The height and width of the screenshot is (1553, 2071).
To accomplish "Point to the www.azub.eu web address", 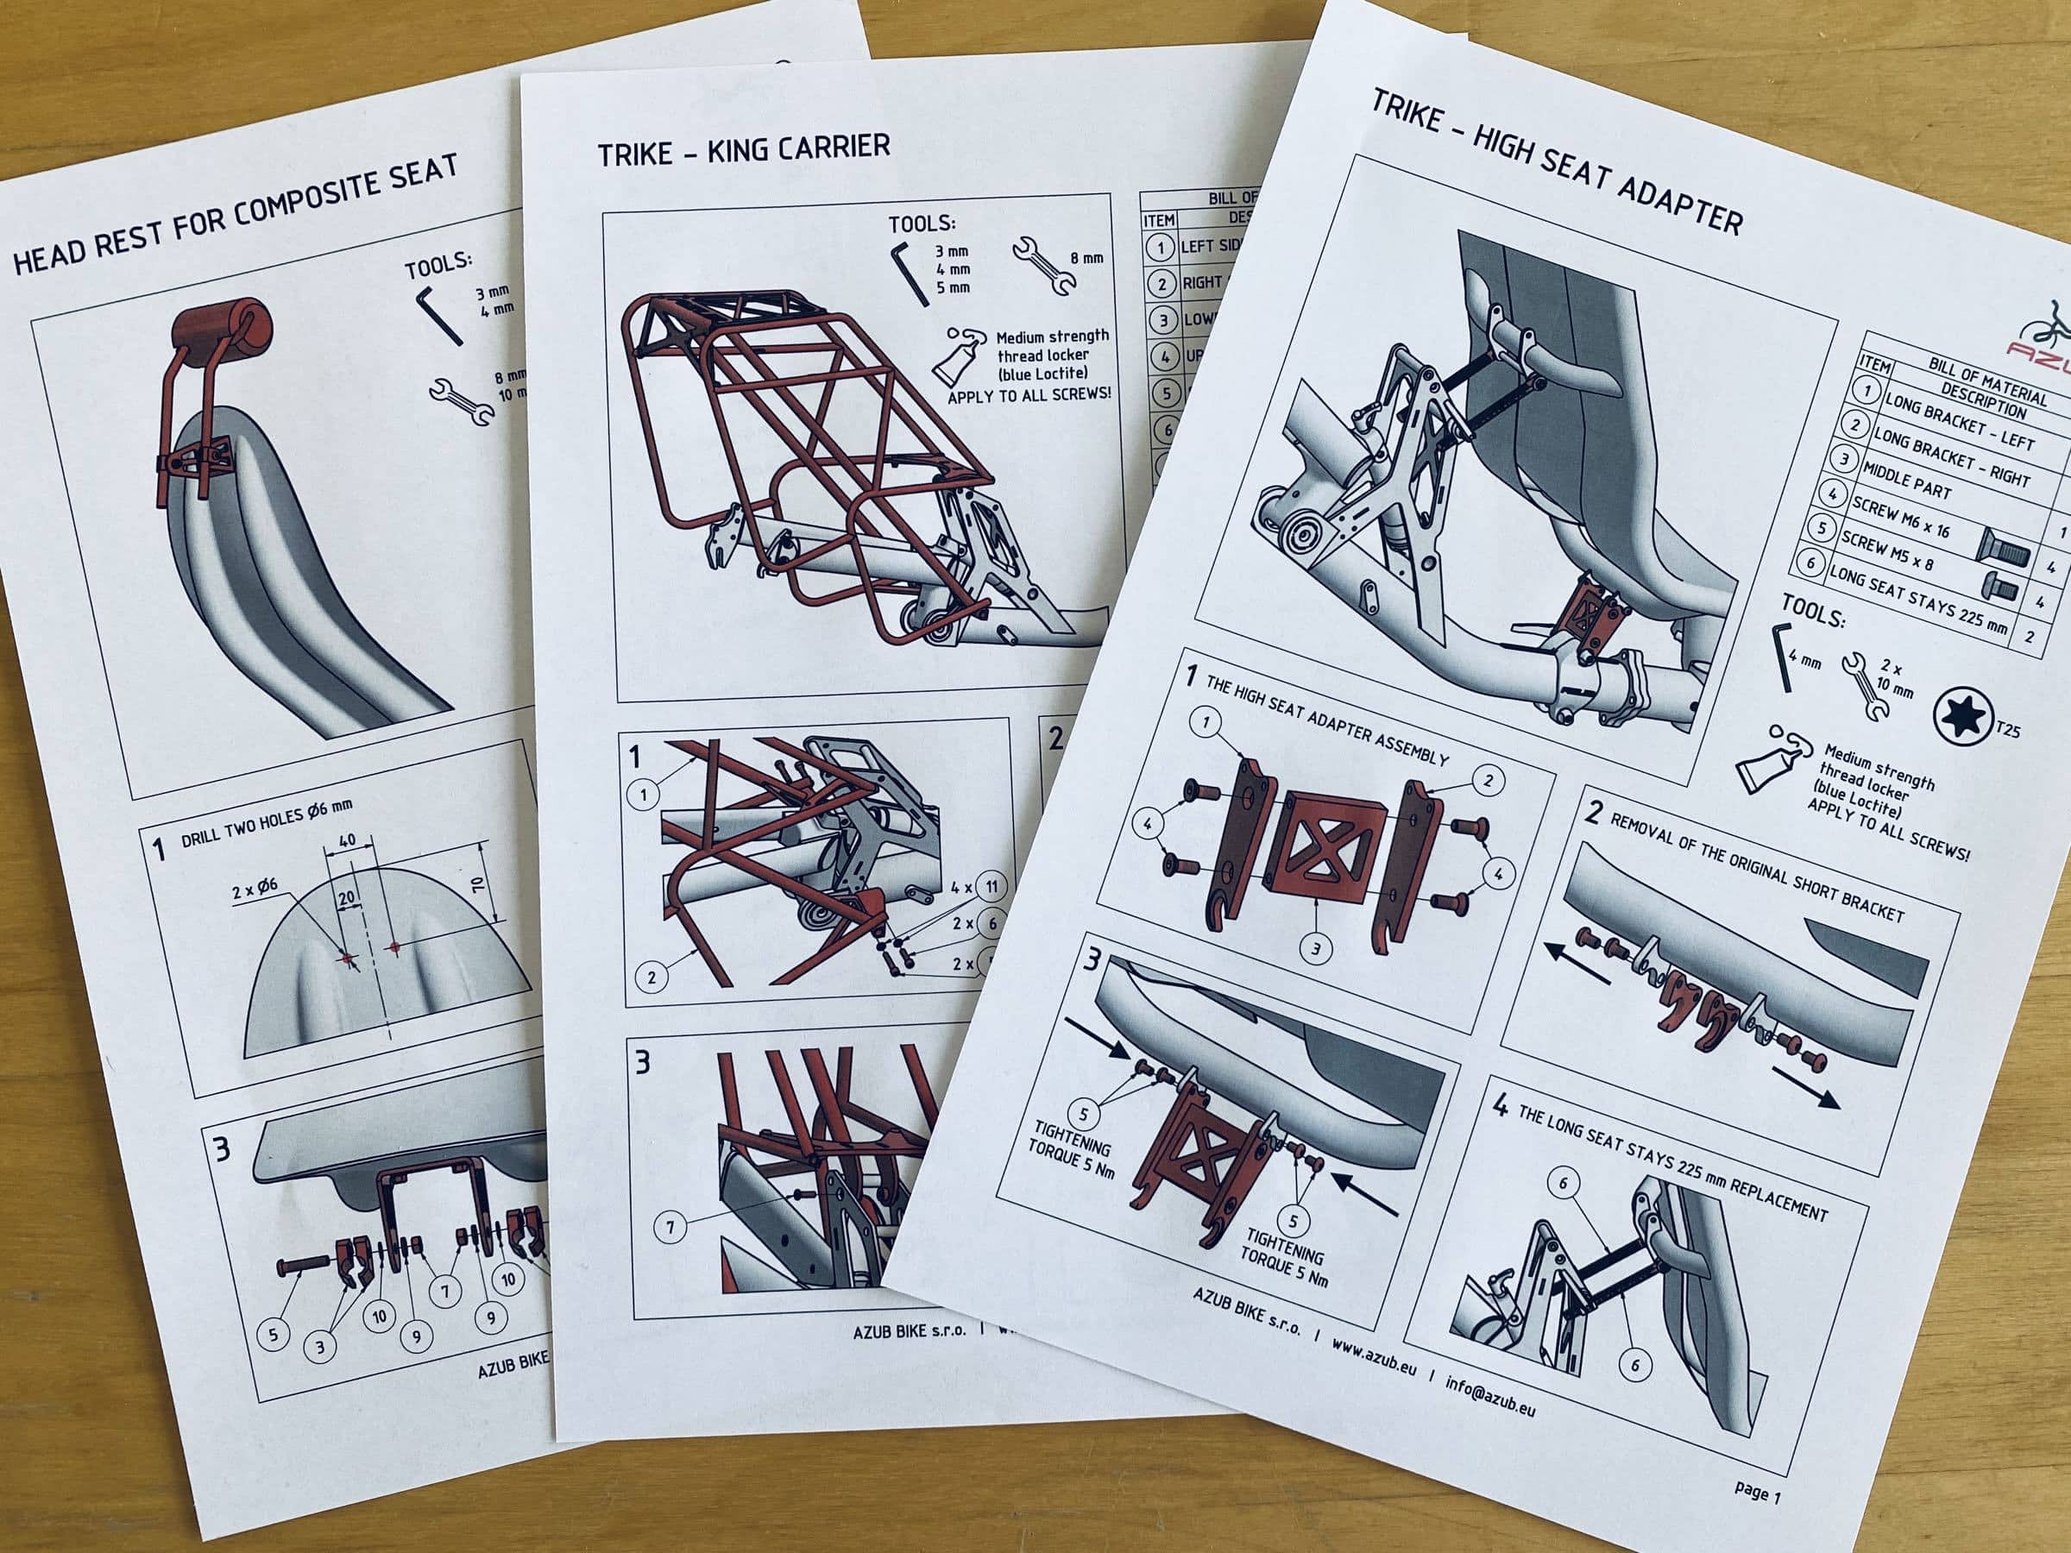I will click(x=1373, y=1360).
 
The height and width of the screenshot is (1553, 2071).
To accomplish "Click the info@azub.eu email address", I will click(x=1489, y=1395).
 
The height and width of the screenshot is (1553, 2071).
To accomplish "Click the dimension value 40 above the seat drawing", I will click(x=348, y=840).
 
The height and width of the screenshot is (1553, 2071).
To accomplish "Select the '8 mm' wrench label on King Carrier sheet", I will click(x=1086, y=257).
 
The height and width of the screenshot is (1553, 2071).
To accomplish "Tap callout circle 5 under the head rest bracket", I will click(x=273, y=1333).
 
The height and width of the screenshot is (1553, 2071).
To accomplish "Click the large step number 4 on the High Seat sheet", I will click(x=1501, y=1108).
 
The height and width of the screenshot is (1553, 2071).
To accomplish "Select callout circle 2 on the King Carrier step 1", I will click(x=652, y=978).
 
